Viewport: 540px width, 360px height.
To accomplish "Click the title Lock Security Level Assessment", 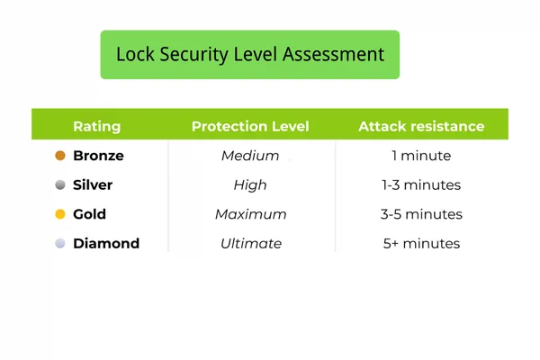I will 249,54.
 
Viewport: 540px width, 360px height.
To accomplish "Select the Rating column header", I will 96,126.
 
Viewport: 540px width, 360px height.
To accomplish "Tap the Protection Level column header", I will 250,126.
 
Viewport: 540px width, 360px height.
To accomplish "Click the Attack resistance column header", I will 421,126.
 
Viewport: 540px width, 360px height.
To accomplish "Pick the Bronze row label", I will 98,156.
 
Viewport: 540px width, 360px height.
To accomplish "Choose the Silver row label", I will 93,185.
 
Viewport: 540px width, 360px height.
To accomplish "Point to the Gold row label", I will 89,214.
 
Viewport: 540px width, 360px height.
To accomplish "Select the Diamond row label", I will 106,243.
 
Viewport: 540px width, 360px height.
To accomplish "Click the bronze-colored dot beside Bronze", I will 60,156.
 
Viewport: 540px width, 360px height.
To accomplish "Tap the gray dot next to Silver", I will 60,185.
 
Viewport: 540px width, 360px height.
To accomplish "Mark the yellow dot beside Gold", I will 60,214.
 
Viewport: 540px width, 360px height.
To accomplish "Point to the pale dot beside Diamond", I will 60,243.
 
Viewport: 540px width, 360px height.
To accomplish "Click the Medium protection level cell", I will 250,156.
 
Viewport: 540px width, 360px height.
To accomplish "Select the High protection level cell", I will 250,185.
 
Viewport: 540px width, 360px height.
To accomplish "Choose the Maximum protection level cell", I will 250,214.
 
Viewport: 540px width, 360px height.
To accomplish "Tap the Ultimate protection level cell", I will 250,243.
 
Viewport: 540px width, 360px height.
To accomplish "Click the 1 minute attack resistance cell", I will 421,156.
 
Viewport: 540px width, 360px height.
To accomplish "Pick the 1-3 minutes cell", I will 421,185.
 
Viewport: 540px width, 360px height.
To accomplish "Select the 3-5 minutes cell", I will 421,214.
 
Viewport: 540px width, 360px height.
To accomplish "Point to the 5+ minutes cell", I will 421,243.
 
